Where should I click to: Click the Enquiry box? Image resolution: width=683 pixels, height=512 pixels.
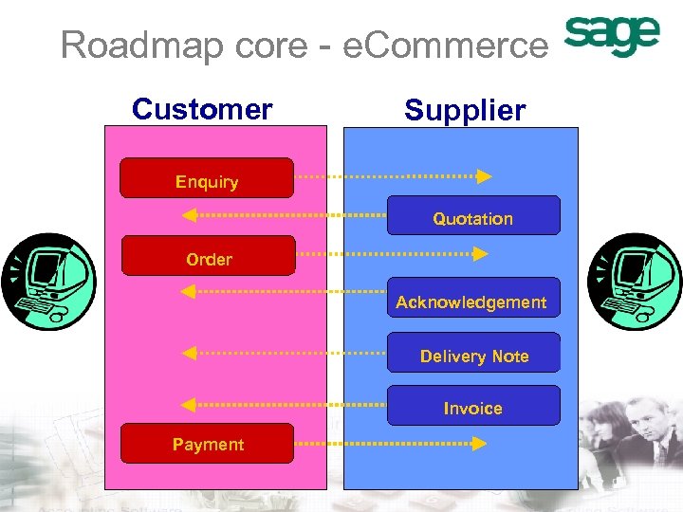tap(207, 178)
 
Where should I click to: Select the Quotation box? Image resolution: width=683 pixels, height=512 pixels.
tap(472, 216)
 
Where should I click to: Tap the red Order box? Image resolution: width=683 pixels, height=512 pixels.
tap(209, 256)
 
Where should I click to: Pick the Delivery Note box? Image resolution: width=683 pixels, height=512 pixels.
tap(473, 353)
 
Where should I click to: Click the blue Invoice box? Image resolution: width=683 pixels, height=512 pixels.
tap(472, 406)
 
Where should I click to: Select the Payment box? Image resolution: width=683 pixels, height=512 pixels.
tap(208, 443)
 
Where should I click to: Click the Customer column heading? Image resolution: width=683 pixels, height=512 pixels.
tap(202, 109)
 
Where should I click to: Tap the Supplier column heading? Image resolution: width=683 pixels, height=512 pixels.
tap(464, 110)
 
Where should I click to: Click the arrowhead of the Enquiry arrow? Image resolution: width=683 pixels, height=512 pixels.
tap(484, 176)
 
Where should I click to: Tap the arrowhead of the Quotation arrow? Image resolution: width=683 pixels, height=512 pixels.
tap(190, 215)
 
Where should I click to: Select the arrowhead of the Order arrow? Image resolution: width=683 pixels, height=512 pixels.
tap(480, 254)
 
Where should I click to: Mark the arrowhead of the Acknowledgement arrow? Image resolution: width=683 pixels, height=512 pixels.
tap(190, 293)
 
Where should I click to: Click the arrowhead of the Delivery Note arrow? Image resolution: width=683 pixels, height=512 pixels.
tap(190, 353)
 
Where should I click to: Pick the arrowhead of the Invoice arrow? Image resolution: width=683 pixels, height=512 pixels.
tap(190, 405)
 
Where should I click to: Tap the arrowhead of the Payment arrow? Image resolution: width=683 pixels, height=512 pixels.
tap(480, 442)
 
